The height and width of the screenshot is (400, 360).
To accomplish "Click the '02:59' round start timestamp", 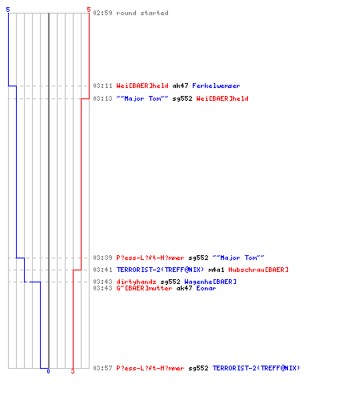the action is tap(102, 13).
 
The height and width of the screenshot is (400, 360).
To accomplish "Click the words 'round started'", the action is tap(142, 13).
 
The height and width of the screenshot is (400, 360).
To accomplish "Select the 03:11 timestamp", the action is tap(102, 86).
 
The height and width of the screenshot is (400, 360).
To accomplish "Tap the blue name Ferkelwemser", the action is tap(216, 86).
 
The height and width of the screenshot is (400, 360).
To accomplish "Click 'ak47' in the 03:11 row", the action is tap(180, 86).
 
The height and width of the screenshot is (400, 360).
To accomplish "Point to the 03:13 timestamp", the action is tap(102, 98).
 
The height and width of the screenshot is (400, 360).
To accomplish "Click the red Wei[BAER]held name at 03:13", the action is tap(222, 98).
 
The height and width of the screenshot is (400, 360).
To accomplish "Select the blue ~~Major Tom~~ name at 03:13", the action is tap(142, 98).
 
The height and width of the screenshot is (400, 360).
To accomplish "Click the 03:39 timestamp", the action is tap(102, 258).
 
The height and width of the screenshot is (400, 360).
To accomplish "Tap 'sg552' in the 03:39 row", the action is tap(198, 258).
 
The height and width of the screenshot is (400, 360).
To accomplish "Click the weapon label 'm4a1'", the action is tap(216, 270).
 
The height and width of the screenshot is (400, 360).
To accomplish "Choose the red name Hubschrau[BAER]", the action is tap(258, 270).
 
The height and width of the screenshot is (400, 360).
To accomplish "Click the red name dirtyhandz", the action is tap(136, 282).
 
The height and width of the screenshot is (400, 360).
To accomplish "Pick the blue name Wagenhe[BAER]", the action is tap(210, 282).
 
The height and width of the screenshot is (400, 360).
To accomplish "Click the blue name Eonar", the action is tap(206, 288).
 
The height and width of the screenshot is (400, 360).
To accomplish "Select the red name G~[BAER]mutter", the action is tap(144, 288).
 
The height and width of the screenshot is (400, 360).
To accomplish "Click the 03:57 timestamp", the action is tap(102, 368).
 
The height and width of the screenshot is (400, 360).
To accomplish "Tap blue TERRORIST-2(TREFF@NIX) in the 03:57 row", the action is tap(256, 368).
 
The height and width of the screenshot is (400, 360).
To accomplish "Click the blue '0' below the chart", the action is tap(48, 371).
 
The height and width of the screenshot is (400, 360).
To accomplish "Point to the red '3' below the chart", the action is tap(73, 371).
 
